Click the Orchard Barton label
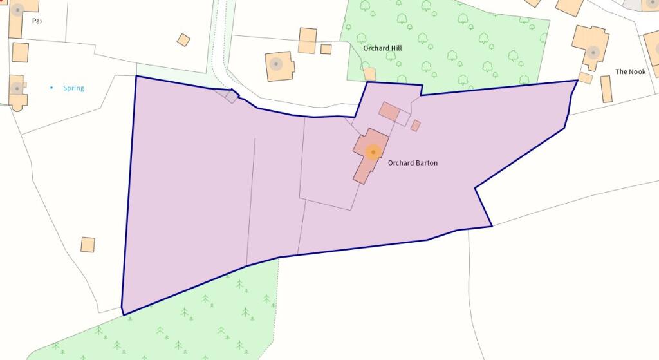[413, 163]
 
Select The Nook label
[630, 71]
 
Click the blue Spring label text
[73, 88]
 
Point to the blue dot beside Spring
[52, 87]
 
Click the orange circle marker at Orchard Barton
[373, 152]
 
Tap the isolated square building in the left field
[88, 245]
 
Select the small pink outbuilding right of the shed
[416, 126]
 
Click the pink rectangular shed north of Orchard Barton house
[389, 111]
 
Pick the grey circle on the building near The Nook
[593, 52]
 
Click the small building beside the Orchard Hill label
[369, 73]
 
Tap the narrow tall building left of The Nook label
[606, 89]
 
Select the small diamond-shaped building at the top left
[183, 40]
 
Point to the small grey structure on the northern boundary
[230, 96]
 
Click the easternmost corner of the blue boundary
[577, 81]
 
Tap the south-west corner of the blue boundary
[122, 314]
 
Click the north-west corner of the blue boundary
[136, 76]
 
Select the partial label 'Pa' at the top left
[37, 21]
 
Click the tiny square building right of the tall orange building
[326, 49]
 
